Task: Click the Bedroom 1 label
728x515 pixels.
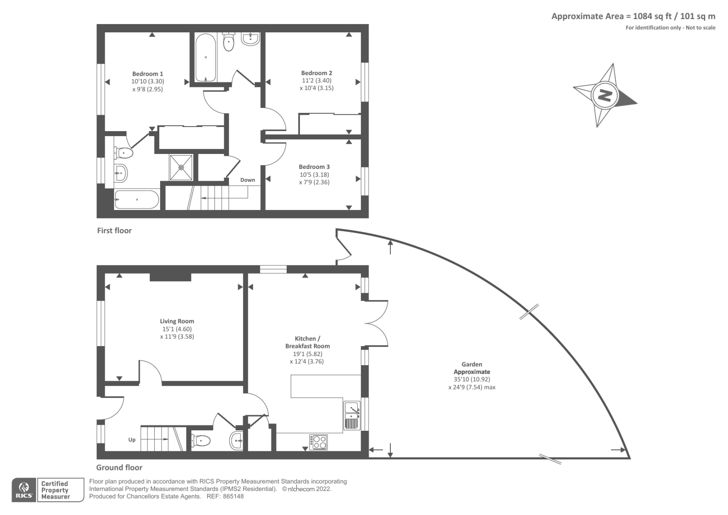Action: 147,74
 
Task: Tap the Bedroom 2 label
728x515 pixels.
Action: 316,73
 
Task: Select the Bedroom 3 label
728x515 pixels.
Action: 314,167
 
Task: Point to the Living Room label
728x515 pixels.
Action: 177,321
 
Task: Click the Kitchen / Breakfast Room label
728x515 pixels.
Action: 307,342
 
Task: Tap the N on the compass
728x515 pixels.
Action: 605,96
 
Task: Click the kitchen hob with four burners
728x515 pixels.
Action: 318,442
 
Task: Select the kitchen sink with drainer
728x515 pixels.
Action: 352,415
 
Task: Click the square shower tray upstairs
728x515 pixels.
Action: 181,167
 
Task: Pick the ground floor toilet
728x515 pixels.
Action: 201,441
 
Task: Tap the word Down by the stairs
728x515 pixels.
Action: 248,180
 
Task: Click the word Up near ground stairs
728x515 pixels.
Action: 131,439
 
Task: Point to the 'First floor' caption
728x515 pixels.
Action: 114,230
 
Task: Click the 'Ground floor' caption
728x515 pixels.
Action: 119,467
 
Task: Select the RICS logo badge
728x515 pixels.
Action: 24,490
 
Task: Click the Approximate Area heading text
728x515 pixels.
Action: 633,16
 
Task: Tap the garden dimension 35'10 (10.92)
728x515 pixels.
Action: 471,379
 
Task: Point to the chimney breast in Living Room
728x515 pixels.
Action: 170,277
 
